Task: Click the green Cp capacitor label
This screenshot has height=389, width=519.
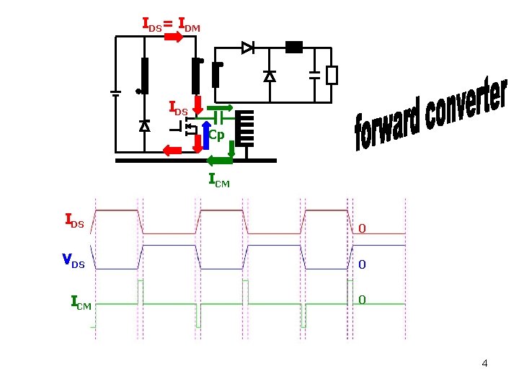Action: [216, 135]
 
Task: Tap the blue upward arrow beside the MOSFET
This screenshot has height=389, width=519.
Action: [206, 135]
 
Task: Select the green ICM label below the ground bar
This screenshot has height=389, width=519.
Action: [219, 180]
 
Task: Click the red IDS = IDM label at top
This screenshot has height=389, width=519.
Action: [172, 24]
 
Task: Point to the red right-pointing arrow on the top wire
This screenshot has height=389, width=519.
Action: [174, 37]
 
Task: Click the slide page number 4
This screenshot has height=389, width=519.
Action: [484, 363]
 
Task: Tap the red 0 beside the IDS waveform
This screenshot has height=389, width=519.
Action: [362, 228]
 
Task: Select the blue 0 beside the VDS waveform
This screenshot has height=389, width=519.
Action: [362, 264]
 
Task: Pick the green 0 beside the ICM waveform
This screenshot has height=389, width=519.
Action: [362, 300]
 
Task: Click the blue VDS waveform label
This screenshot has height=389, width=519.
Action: [74, 261]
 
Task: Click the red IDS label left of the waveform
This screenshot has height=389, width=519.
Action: [74, 220]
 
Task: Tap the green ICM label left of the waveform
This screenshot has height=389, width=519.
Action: [81, 303]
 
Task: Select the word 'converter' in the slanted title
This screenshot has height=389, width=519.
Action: [466, 104]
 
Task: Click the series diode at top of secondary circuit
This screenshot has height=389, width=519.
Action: [248, 48]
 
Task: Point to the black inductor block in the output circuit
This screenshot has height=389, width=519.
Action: [294, 48]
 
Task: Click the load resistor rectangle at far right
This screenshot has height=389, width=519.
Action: [332, 76]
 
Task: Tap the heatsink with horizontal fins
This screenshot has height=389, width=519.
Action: [244, 129]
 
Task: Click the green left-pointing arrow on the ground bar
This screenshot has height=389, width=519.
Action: [219, 161]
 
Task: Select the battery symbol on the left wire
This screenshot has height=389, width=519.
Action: [115, 94]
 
